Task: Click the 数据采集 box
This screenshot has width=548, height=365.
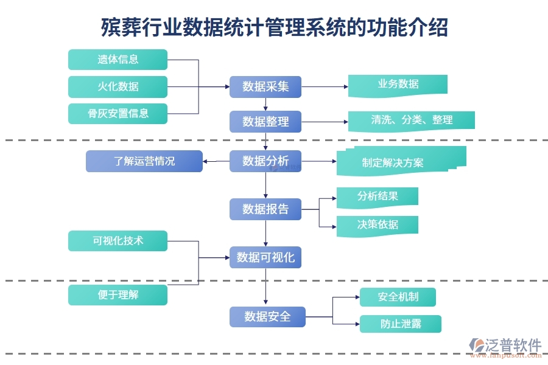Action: click(x=265, y=86)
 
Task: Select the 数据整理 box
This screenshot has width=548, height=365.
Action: click(x=265, y=122)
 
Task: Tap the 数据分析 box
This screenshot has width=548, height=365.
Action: click(x=265, y=161)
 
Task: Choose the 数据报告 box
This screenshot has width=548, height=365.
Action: click(x=265, y=209)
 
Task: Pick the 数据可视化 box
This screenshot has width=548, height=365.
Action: click(x=265, y=257)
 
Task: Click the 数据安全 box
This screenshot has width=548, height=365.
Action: click(x=267, y=317)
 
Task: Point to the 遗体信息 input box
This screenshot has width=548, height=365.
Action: click(x=118, y=60)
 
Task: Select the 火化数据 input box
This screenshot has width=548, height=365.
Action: click(x=118, y=86)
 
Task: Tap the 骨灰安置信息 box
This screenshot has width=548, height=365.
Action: click(x=118, y=114)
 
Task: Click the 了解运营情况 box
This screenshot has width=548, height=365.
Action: click(x=144, y=161)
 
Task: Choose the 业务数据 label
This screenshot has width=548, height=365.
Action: click(x=398, y=85)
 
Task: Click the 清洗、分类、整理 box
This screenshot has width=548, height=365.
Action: click(x=411, y=120)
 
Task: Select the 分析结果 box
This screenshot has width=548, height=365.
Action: click(x=377, y=196)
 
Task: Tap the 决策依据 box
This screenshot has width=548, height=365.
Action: click(x=377, y=224)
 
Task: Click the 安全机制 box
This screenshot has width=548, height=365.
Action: click(x=398, y=297)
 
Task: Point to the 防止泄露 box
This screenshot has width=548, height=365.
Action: click(x=400, y=324)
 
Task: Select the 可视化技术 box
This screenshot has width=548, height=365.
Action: click(x=118, y=241)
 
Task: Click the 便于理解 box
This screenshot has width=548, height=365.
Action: click(x=118, y=295)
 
